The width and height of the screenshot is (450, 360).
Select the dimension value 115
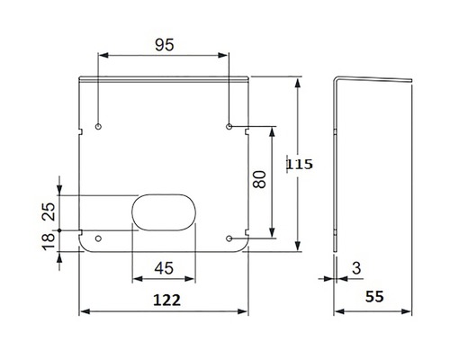(299, 165)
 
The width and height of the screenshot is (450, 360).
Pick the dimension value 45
(163, 268)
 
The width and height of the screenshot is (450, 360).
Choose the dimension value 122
(163, 299)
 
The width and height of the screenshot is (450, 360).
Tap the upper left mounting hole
(99, 125)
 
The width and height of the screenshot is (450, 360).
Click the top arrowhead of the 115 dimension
(297, 80)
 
